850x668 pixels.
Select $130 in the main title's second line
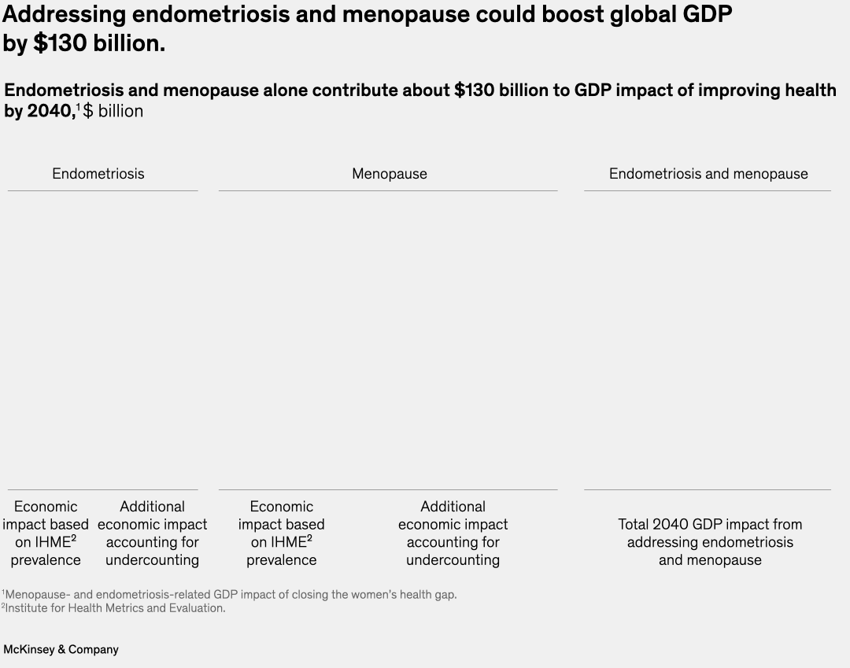[x=61, y=44]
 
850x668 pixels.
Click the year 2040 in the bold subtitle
[x=49, y=111]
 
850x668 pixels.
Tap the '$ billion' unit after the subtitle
[x=113, y=111]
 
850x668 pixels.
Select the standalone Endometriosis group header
[x=98, y=174]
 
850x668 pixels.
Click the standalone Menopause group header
[x=390, y=174]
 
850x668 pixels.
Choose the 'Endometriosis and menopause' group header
[x=708, y=174]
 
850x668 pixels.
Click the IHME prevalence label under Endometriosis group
[x=46, y=533]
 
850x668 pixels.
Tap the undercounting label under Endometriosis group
[x=152, y=533]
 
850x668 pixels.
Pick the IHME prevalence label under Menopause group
[x=281, y=533]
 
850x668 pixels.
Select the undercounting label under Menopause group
[x=453, y=533]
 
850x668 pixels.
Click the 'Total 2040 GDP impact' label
[x=710, y=541]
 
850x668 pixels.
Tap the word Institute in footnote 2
[x=25, y=608]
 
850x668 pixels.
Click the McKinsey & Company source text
[x=61, y=650]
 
